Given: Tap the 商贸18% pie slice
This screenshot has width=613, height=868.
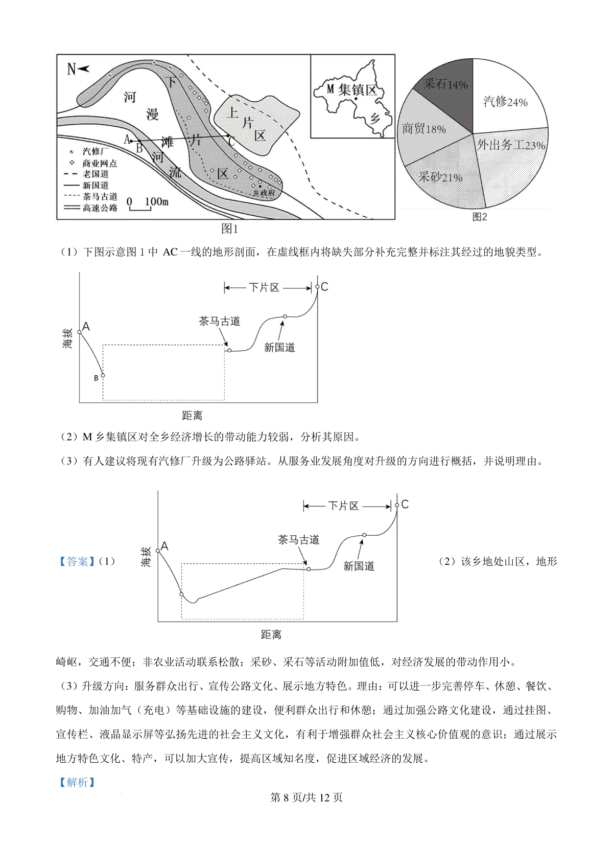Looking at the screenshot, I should click(424, 129).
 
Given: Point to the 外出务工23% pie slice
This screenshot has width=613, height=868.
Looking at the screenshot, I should click(511, 145).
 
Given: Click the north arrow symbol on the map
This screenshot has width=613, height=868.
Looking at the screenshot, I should click(78, 68).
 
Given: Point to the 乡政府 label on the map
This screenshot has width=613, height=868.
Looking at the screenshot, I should click(264, 193).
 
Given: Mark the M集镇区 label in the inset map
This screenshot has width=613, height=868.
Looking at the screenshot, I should click(352, 90).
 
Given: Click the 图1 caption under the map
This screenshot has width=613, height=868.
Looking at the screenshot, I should click(229, 229).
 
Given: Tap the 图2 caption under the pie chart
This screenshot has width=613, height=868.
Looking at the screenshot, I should click(479, 217).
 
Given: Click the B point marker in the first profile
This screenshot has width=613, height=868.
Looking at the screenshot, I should click(103, 376).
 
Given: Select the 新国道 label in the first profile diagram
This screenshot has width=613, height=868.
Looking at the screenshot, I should click(279, 348).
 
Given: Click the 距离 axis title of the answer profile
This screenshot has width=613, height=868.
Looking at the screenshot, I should click(271, 634).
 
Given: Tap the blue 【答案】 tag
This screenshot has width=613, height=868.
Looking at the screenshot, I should click(77, 561).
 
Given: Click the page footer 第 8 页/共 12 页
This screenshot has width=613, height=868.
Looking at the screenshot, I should click(306, 797).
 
